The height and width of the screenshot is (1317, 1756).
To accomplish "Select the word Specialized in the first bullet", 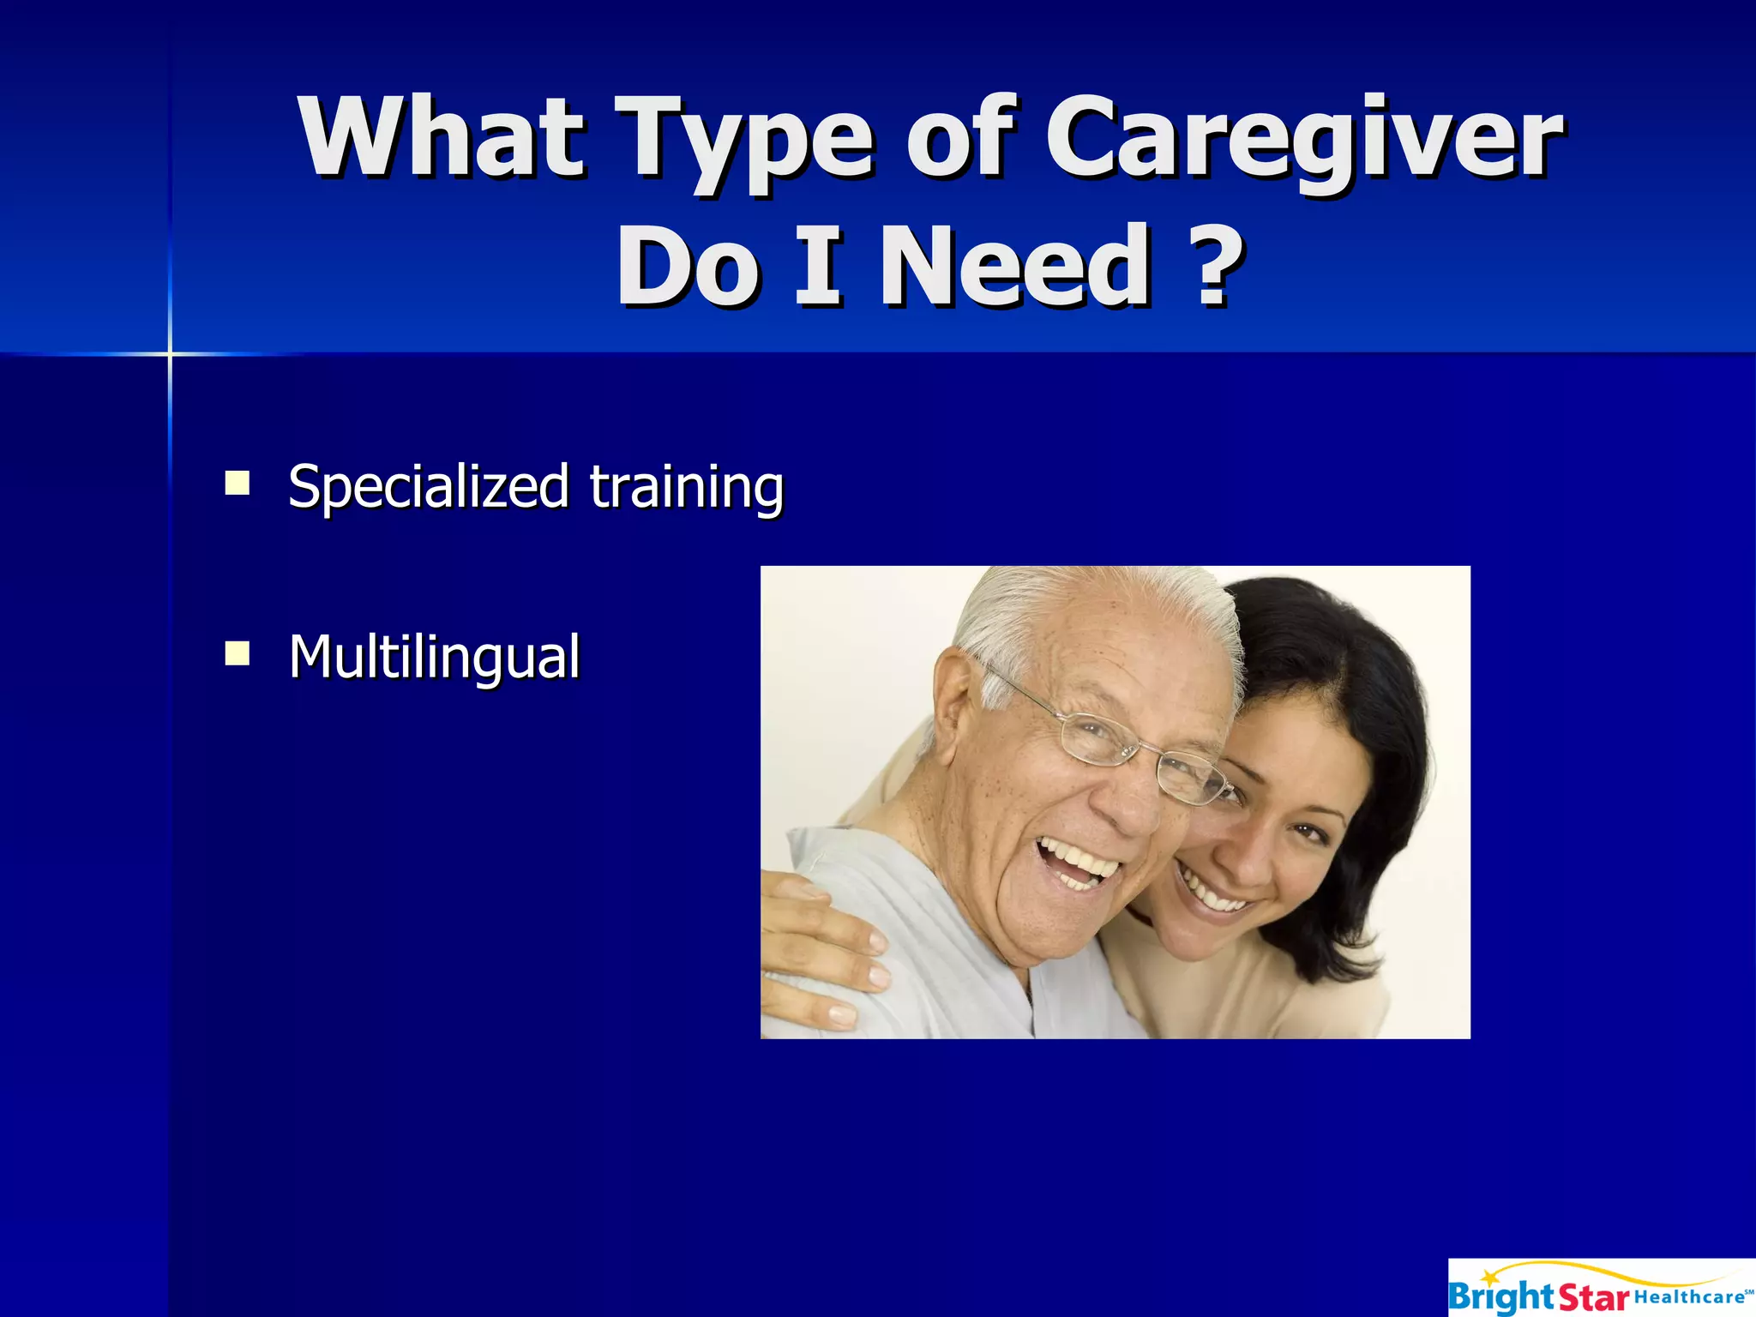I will pyautogui.click(x=428, y=487).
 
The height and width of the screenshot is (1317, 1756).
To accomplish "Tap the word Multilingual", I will pyautogui.click(x=434, y=658).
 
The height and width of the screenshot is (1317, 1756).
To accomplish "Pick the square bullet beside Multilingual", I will pyautogui.click(x=237, y=653).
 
